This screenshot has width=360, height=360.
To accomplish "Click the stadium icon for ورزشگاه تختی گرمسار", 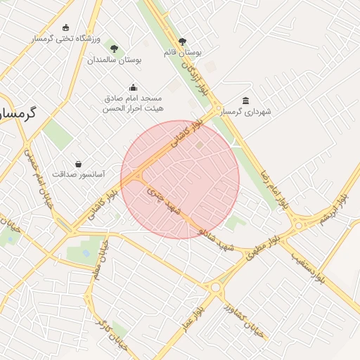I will [x=66, y=27].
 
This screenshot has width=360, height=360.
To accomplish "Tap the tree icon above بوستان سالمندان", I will [x=114, y=49].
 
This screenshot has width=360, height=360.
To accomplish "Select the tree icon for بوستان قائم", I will [x=183, y=41].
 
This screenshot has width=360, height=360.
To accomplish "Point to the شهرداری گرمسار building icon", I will [x=245, y=101].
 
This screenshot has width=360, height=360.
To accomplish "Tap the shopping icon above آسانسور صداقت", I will [x=78, y=163].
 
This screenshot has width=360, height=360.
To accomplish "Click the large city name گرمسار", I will [x=18, y=112].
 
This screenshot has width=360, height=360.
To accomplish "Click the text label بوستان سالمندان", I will [x=115, y=60].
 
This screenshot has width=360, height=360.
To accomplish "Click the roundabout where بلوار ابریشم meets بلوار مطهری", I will [x=299, y=226].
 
